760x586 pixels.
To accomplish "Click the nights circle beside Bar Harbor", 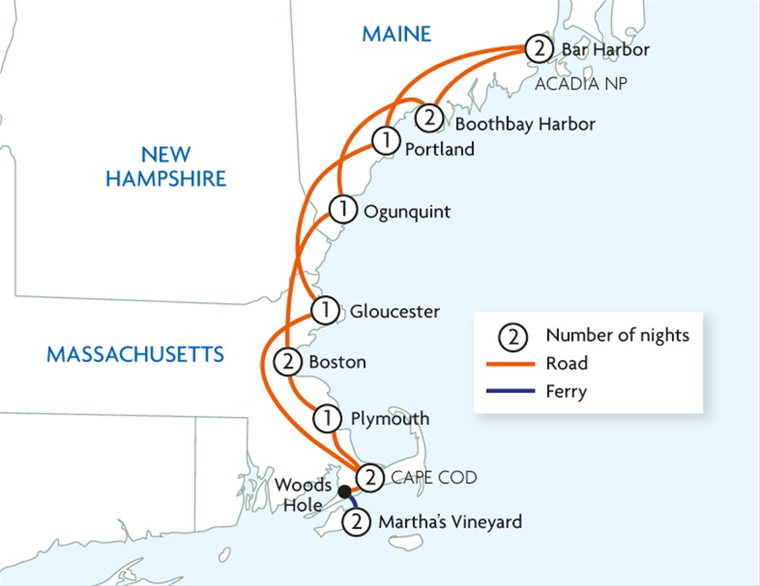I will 538,49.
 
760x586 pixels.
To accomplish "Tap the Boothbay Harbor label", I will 525,124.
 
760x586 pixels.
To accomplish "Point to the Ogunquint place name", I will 406,211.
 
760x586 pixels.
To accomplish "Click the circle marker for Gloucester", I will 325,311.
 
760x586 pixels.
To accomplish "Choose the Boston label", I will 337,362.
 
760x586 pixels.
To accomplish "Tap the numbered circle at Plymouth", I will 325,418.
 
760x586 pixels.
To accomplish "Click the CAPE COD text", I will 435,478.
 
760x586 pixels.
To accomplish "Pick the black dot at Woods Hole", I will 344,492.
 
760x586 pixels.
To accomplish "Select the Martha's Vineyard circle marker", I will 358,522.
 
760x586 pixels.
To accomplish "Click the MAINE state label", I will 397,34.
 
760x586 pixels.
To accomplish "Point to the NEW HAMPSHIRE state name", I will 166,166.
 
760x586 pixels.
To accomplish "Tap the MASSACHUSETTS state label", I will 135,353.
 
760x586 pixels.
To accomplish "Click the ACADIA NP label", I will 581,84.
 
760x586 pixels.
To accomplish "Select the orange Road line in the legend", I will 514,364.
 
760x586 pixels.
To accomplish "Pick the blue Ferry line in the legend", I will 514,391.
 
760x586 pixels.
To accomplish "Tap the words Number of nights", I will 617,335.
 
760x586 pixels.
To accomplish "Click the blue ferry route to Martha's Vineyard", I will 351,503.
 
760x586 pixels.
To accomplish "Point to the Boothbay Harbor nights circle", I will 428,119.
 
